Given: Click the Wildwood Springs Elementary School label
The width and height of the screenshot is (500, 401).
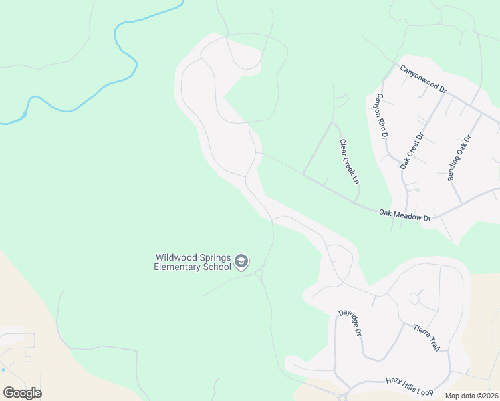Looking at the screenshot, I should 193,262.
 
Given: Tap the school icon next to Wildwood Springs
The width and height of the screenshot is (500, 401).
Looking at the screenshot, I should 242,261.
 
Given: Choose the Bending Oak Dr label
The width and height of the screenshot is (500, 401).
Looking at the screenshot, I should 459,158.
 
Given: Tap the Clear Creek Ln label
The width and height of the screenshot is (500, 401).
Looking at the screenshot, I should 350,161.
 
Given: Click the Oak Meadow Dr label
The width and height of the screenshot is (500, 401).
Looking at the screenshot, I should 405,215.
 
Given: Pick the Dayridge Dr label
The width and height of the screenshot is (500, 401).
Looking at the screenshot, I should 350,322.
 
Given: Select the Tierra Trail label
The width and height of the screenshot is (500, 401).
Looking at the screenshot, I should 426,338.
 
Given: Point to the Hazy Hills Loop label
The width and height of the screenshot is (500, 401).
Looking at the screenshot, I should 410,386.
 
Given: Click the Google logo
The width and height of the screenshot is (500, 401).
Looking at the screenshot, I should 22,393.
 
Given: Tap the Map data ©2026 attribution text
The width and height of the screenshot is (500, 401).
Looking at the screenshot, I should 471,396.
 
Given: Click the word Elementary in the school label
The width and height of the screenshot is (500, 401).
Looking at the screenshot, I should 177,267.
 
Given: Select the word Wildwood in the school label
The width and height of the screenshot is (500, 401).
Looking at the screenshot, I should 176,257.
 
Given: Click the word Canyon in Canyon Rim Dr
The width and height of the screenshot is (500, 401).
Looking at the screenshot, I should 379,106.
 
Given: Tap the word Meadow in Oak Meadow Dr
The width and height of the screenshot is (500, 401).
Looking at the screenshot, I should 405,215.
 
